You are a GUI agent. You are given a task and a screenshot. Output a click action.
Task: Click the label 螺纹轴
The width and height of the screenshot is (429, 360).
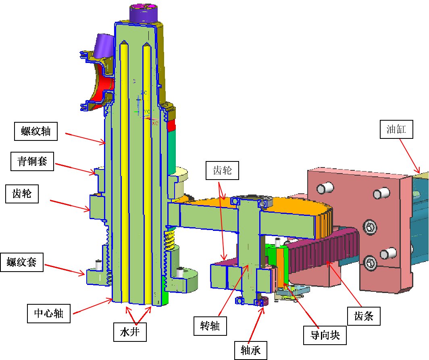click(x=35, y=131)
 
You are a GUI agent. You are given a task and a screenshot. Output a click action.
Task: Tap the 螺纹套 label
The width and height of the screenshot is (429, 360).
click(x=22, y=263)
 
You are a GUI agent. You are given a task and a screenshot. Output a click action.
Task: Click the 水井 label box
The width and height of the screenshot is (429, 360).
click(x=130, y=334)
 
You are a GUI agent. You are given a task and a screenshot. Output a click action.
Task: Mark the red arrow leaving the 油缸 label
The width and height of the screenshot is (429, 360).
click(x=410, y=156)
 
